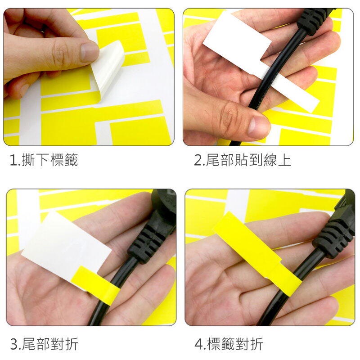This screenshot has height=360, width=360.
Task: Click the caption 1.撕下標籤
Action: click(x=44, y=160)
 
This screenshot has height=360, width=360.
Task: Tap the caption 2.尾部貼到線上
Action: click(x=243, y=160)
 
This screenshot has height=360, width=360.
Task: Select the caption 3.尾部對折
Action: click(x=44, y=344)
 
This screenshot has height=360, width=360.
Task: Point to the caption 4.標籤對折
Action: click(x=229, y=344)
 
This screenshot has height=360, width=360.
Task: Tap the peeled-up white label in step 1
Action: click(x=108, y=69)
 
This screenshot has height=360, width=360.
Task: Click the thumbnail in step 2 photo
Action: click(x=259, y=126)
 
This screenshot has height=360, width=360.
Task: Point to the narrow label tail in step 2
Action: click(x=296, y=92)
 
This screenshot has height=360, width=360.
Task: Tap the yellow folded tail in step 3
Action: click(x=95, y=285)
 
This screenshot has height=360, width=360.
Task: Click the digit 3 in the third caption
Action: click(x=14, y=344)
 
